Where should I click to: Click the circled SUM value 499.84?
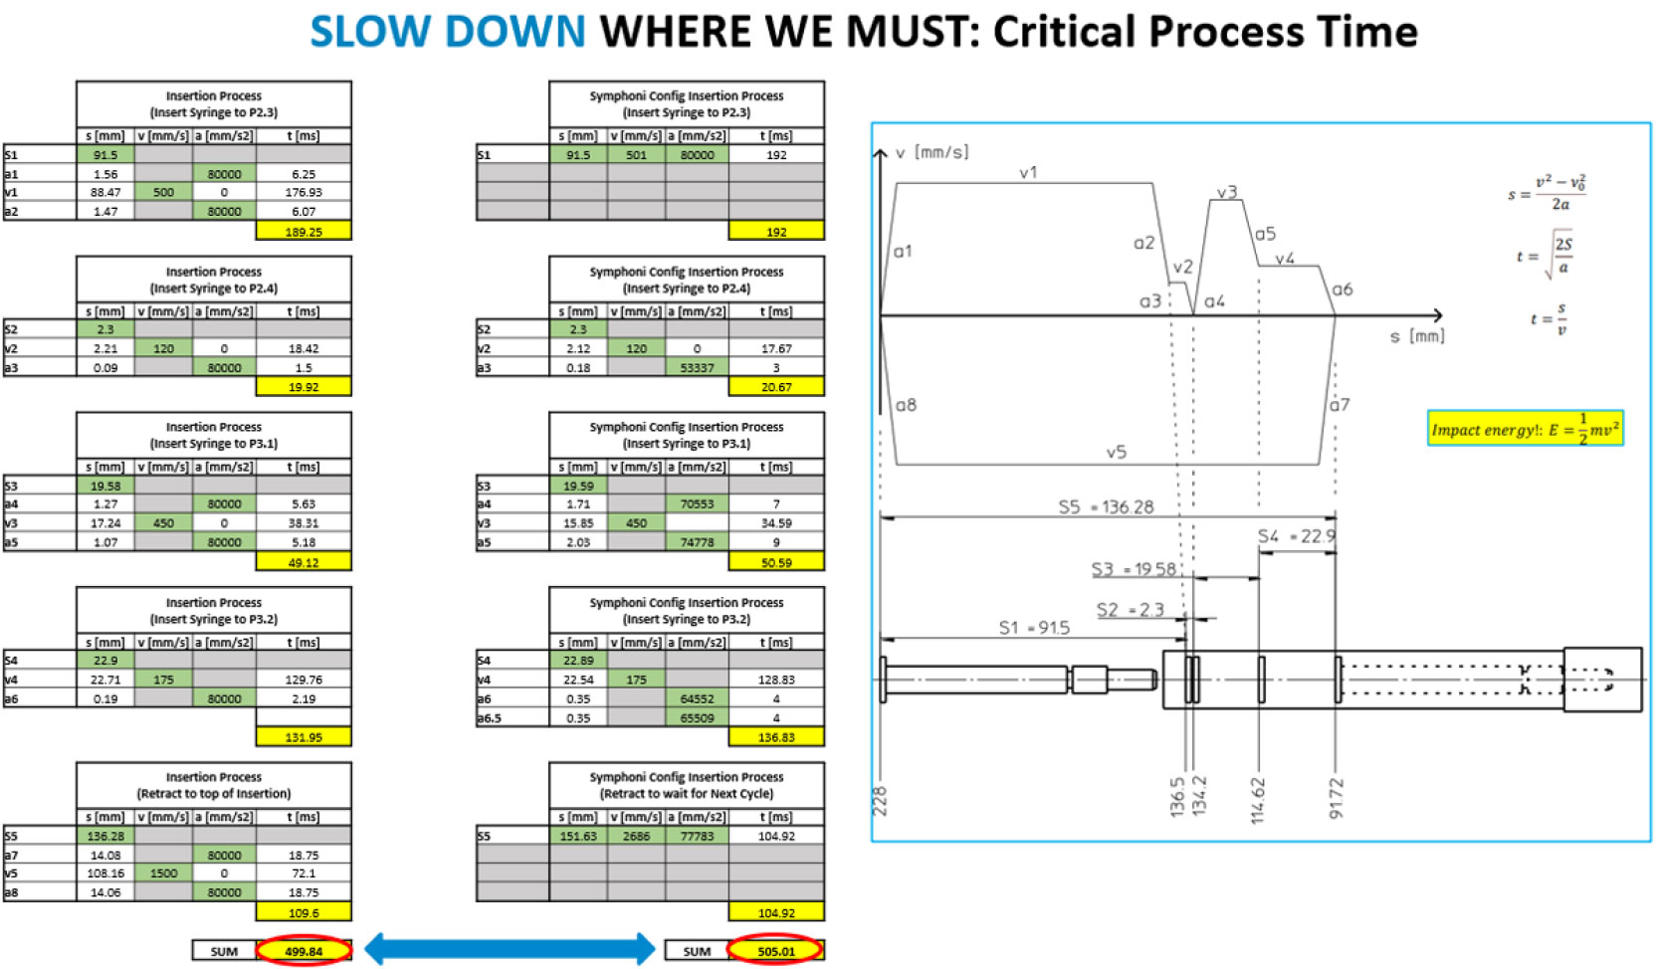[x=304, y=951]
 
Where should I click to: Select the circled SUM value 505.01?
[x=776, y=951]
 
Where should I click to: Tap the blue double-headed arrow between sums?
[x=510, y=949]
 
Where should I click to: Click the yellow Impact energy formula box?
[x=1525, y=429]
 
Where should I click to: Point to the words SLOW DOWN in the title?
[x=448, y=32]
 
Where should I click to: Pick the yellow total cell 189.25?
[x=304, y=231]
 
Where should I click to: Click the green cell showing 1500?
[x=163, y=873]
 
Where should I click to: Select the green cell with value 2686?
[x=637, y=836]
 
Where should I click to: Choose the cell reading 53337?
[x=697, y=367]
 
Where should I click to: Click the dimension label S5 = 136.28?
[x=1106, y=507]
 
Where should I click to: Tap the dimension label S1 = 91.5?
[x=1034, y=628]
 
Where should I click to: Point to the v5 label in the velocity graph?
[x=1117, y=453]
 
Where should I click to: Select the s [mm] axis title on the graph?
[x=1417, y=336]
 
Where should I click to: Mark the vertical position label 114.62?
[x=1258, y=800]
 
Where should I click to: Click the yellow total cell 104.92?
[x=776, y=912]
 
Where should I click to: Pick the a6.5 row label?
[x=490, y=717]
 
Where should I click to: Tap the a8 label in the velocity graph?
[x=906, y=405]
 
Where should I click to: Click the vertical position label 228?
[x=880, y=802]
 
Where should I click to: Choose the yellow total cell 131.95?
[x=304, y=737]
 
